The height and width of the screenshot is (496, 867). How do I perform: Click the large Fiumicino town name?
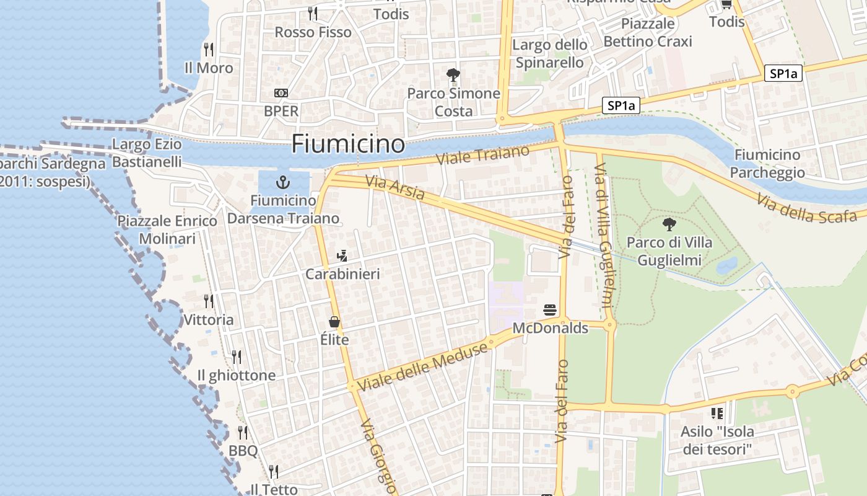pos(348,144)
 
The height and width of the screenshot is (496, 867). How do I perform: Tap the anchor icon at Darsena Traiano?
pos(283,182)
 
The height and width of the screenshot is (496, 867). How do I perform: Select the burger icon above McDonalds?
pos(550,309)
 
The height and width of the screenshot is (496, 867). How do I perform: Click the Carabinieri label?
pos(342,274)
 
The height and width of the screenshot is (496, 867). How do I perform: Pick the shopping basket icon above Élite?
pos(334,322)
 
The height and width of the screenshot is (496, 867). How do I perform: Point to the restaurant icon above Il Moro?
pos(209,49)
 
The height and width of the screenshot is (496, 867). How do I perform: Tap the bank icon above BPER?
pos(281,93)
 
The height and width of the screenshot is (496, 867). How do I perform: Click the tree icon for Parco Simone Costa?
pos(453,75)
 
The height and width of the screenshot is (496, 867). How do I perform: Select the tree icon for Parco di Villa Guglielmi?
pos(669,224)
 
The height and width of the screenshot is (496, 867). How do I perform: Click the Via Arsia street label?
pos(395,188)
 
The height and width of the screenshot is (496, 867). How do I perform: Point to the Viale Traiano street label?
pos(483,155)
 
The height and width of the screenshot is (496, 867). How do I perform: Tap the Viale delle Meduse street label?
pos(422,366)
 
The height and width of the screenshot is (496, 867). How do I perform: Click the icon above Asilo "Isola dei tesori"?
pos(717,413)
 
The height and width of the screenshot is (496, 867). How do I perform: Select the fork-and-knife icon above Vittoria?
pos(209,301)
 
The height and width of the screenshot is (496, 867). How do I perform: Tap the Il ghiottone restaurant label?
pos(236,376)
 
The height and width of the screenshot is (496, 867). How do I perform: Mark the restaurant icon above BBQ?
pos(243,432)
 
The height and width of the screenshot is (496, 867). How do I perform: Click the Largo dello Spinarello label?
pos(549,53)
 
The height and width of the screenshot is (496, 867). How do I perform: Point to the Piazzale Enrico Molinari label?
pos(167,229)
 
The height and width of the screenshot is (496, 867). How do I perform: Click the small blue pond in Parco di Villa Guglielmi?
pos(726,265)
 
